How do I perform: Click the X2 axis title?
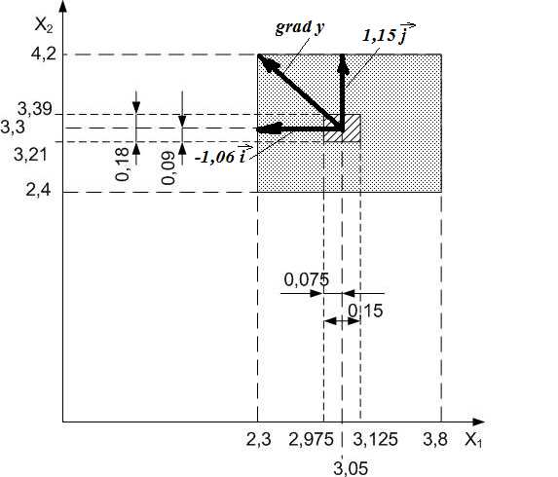(x=44, y=25)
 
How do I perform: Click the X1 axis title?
(x=474, y=440)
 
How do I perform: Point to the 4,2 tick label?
(x=44, y=55)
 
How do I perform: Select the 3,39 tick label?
(x=35, y=109)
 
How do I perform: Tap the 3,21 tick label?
(x=30, y=155)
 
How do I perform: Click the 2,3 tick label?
(x=258, y=440)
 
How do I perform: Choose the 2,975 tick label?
(x=311, y=440)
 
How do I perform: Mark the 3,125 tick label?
(x=375, y=440)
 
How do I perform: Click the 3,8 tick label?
(x=435, y=440)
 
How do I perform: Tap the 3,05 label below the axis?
(x=351, y=468)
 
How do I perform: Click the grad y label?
(x=300, y=27)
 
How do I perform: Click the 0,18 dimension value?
(x=123, y=165)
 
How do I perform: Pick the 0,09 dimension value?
(x=167, y=168)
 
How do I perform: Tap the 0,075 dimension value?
(x=307, y=280)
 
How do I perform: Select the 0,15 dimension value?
(x=365, y=311)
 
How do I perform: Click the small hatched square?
(x=342, y=128)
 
